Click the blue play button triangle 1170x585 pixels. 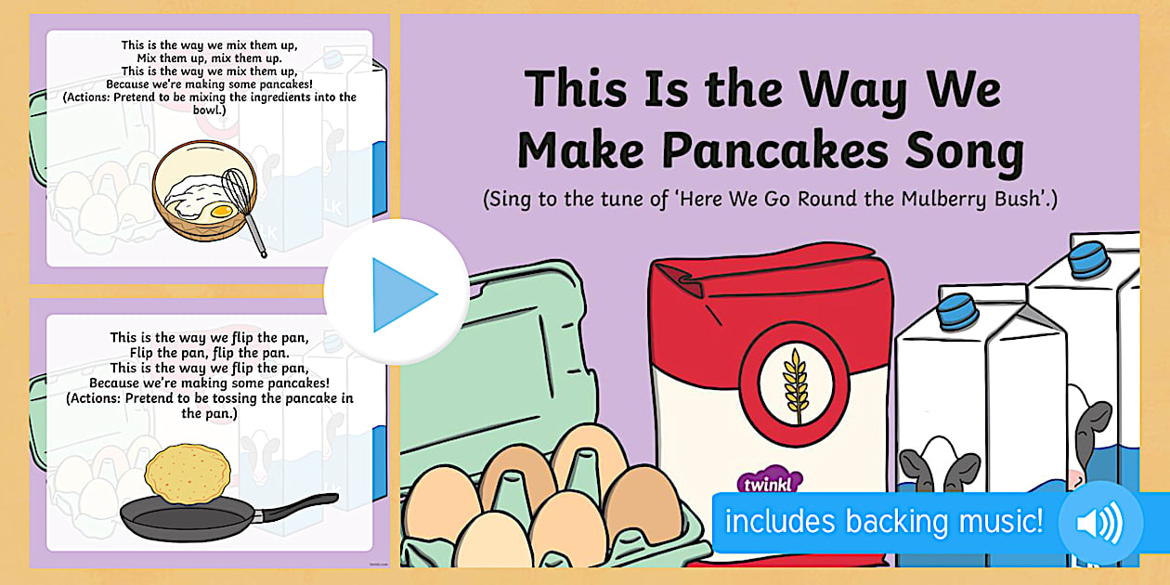(x=401, y=294)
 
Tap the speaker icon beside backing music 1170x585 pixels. (x=1100, y=522)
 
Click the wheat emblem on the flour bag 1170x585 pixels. (x=795, y=386)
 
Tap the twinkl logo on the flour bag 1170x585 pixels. (x=768, y=484)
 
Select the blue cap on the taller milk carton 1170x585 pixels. (x=1089, y=259)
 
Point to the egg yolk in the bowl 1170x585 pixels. (x=223, y=211)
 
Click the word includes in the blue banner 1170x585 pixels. (x=780, y=521)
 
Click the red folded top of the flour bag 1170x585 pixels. (x=768, y=277)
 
